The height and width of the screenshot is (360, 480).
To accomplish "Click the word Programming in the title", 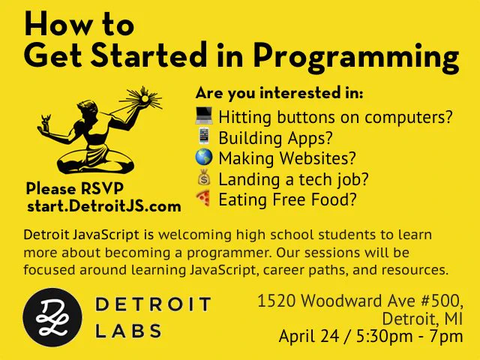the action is [356, 57].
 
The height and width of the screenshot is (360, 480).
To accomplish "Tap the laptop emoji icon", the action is [204, 115].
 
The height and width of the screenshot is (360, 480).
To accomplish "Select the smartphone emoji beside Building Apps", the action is [204, 136].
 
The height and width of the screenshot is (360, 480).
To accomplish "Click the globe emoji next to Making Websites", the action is [204, 157].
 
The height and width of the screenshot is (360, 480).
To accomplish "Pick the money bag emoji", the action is [204, 177].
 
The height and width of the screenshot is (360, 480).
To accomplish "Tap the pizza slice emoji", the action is [203, 198].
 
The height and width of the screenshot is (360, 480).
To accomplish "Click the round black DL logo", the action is [52, 317].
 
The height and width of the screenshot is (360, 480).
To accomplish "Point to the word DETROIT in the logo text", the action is [153, 304].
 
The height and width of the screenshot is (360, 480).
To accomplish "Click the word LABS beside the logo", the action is [128, 331].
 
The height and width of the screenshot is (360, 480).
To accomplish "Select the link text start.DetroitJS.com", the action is [104, 206].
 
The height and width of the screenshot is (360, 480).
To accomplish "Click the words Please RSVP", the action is [75, 188].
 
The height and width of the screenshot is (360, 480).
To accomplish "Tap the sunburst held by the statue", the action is [143, 98].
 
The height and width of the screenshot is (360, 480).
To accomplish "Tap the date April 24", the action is [308, 336].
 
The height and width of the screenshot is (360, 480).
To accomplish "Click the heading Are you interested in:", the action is [279, 93].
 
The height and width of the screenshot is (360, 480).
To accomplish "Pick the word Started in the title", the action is [148, 55].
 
